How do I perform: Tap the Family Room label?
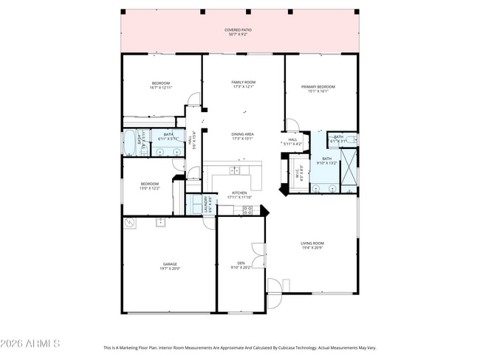point(243,84)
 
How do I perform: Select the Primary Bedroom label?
point(318,89)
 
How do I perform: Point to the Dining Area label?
point(243,136)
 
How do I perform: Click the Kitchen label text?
point(239,195)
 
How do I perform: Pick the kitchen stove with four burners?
point(247,210)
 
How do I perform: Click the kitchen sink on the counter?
point(234,170)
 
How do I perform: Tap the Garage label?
point(170,266)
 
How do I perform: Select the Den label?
point(241,266)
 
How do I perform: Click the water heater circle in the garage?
point(130,222)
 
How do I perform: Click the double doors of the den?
point(258,255)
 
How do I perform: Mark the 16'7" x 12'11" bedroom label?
point(161,85)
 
